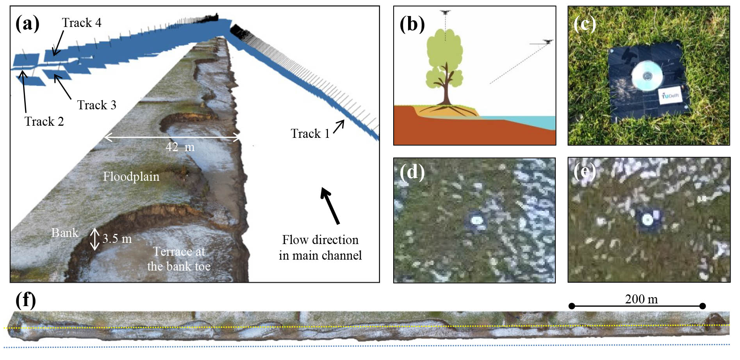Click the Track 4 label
(x=82, y=23)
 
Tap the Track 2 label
(x=44, y=121)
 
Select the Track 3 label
(x=96, y=105)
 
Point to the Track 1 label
(x=310, y=134)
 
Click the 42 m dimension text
(x=180, y=147)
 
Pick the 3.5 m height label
(x=117, y=239)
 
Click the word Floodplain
(x=131, y=177)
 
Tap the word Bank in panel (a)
(x=65, y=233)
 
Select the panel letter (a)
(x=27, y=23)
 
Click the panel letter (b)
(x=412, y=24)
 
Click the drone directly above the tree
(x=445, y=12)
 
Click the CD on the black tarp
(x=647, y=75)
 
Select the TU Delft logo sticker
(x=671, y=96)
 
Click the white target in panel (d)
(x=476, y=220)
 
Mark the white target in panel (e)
(x=647, y=220)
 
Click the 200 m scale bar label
(x=641, y=299)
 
